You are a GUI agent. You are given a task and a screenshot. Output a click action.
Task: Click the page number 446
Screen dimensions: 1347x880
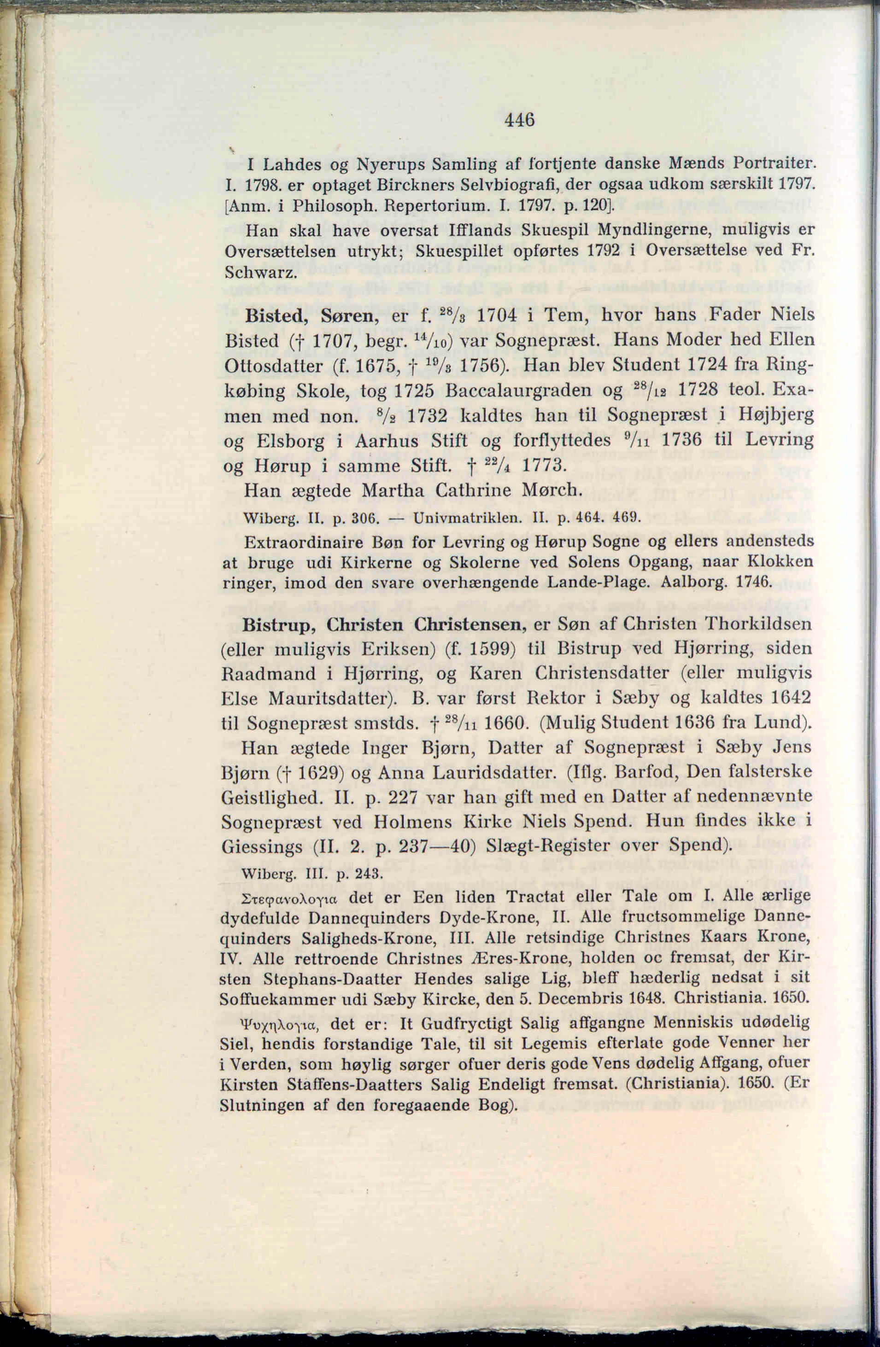pos(519,120)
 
